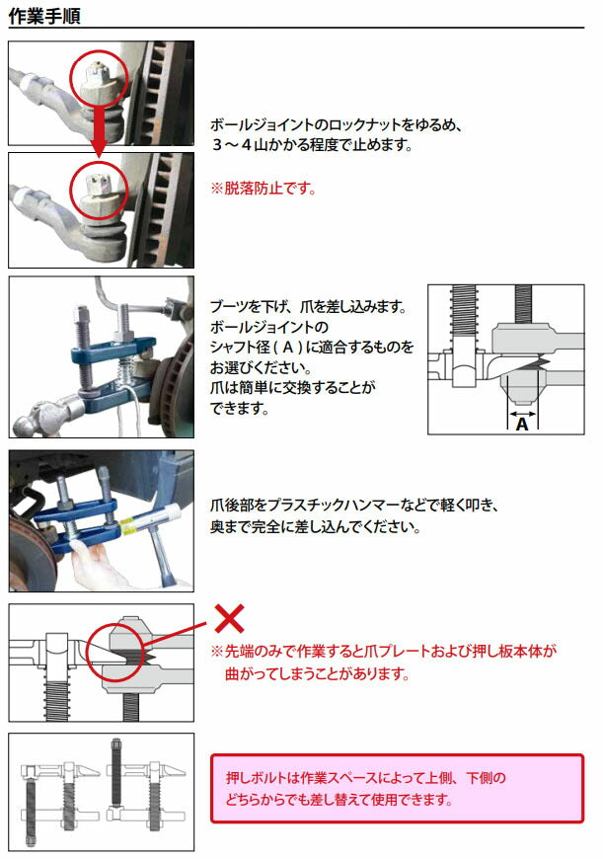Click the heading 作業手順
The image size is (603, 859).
tap(44, 16)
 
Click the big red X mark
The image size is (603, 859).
tap(229, 619)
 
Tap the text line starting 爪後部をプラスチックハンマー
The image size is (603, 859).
tap(354, 505)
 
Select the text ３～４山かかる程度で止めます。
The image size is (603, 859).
tap(311, 144)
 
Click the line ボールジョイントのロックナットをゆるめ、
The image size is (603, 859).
tap(337, 125)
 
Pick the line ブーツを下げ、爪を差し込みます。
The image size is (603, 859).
tap(309, 307)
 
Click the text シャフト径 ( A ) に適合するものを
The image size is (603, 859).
tap(312, 348)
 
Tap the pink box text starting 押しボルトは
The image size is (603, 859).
tap(365, 778)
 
